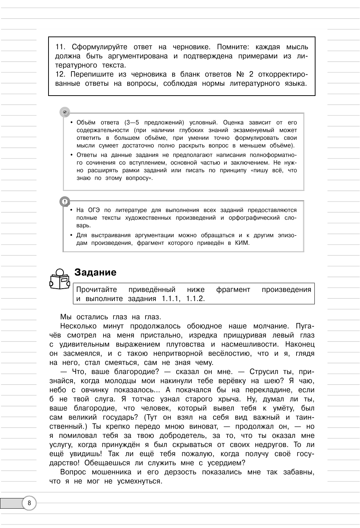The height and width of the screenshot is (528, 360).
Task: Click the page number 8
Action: click(x=30, y=504)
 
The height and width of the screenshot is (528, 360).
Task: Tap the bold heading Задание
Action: click(x=95, y=272)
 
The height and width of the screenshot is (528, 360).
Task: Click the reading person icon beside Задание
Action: click(x=59, y=280)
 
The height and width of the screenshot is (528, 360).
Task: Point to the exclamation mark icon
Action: click(x=65, y=201)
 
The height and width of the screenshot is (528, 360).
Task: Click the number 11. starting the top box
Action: click(x=60, y=47)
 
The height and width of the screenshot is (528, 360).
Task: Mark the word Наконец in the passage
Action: click(x=300, y=344)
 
